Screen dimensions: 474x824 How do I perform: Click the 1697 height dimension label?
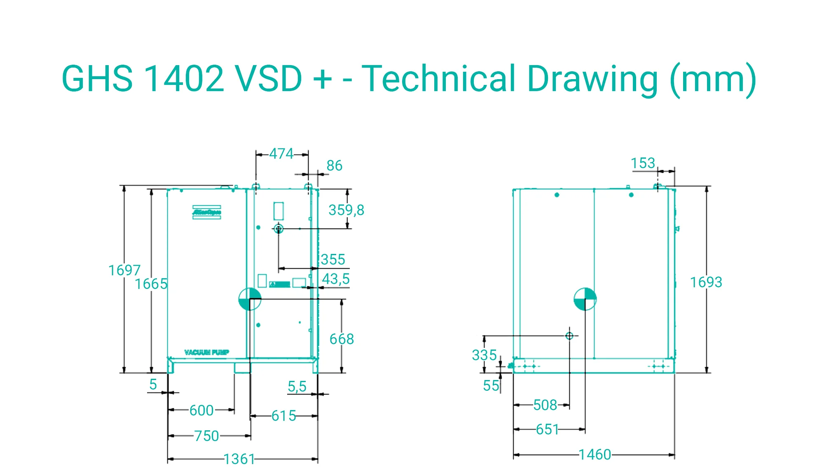[124, 270]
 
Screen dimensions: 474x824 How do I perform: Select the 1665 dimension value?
[151, 284]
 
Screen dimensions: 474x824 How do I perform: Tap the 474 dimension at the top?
[281, 154]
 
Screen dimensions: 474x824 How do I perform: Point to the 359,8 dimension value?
[346, 210]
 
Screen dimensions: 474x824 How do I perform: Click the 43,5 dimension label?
[335, 279]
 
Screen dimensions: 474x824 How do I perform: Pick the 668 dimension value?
[342, 339]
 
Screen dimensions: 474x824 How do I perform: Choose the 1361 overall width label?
[239, 459]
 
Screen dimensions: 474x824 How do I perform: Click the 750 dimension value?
[206, 436]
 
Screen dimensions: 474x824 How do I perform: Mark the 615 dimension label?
[283, 416]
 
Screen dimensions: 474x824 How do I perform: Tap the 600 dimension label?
[201, 411]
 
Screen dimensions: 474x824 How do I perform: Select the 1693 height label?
[706, 282]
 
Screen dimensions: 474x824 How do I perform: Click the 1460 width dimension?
[595, 455]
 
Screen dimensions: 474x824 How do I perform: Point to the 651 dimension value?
[547, 429]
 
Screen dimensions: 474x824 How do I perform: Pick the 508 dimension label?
[545, 405]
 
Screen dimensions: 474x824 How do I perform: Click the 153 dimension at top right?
[643, 163]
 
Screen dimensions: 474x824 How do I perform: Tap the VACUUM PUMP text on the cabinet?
[206, 352]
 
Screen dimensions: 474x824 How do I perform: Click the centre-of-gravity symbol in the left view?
[250, 299]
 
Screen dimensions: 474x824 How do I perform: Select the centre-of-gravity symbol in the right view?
[585, 299]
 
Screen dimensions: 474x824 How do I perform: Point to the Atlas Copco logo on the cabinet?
[207, 213]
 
